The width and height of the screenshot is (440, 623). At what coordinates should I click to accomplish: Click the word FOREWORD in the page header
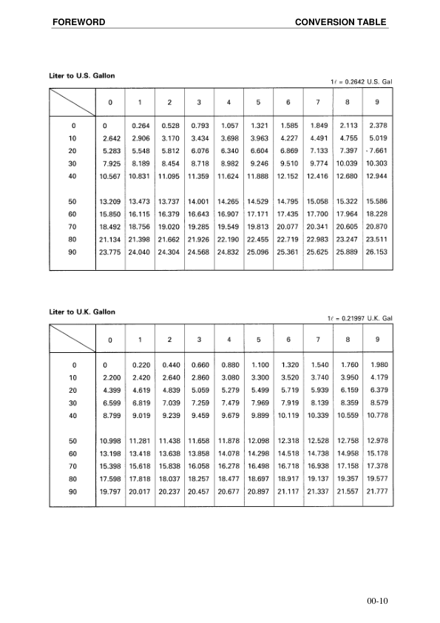point(78,22)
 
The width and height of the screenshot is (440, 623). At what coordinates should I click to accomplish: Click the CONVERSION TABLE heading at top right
point(340,22)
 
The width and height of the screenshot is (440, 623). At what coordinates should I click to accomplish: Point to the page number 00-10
point(376,601)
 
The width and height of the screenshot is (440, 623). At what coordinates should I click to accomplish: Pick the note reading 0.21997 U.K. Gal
point(359,318)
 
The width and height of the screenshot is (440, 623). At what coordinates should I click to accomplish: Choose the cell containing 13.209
point(110,201)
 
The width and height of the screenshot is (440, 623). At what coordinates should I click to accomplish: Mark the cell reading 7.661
point(378,151)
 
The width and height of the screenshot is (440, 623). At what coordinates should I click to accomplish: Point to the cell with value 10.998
point(110,441)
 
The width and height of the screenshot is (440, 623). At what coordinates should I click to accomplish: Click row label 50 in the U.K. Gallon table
point(72,441)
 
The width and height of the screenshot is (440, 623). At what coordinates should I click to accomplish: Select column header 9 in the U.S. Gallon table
point(377,101)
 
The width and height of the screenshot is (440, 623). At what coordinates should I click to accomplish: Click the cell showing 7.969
point(259,403)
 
